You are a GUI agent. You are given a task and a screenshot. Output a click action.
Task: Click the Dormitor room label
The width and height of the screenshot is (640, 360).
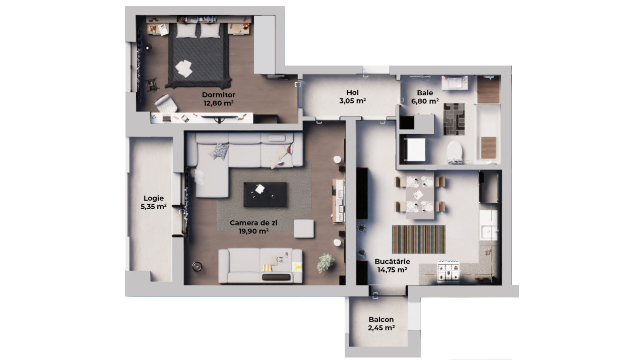tap(218, 95)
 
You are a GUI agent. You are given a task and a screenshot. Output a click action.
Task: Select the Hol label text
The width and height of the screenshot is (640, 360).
tap(352, 92)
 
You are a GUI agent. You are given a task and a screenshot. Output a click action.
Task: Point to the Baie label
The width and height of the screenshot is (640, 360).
tap(425, 93)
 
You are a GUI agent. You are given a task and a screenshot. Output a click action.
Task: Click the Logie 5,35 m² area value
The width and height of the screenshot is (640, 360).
tap(154, 206)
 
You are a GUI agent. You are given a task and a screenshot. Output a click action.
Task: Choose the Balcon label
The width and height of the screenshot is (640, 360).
tap(381, 320)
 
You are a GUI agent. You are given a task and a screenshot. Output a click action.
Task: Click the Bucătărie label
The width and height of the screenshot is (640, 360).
tap(392, 262)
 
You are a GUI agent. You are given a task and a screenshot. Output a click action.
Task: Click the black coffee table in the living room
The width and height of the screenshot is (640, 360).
tap(265, 195)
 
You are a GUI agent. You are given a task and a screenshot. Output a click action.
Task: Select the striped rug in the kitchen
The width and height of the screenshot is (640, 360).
tap(419, 239)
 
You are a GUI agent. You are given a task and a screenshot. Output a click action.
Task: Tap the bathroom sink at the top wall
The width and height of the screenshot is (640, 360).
tap(455, 82)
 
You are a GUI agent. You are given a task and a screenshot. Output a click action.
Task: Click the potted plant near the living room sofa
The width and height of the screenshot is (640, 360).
tap(326, 262)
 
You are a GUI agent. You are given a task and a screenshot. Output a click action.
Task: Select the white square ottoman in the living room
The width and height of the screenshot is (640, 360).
tap(304, 228)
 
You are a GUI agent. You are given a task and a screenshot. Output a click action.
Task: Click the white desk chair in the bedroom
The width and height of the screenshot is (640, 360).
tap(165, 103)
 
